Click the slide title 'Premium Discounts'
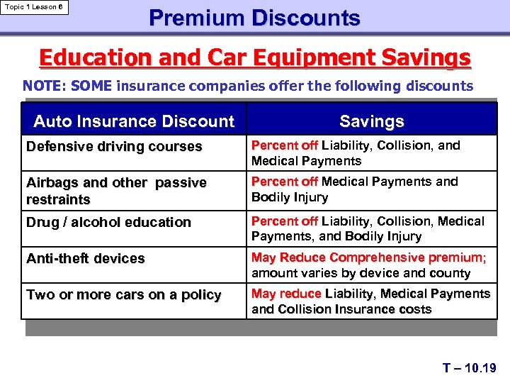pos(254,18)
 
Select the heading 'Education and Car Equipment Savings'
pos(254,57)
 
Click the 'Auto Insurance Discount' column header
pos(134,121)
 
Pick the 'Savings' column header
pos(371,121)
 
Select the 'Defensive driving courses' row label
pos(114,147)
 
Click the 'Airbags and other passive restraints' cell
pos(116,191)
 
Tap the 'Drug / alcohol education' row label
pos(108,222)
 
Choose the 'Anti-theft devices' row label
pos(85,258)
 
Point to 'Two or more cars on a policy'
pos(123,294)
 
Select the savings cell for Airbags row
pos(354,189)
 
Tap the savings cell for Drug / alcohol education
pos(368,228)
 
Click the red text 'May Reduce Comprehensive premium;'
pos(368,257)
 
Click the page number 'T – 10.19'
pos(469,367)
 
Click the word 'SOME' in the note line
pos(90,86)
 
